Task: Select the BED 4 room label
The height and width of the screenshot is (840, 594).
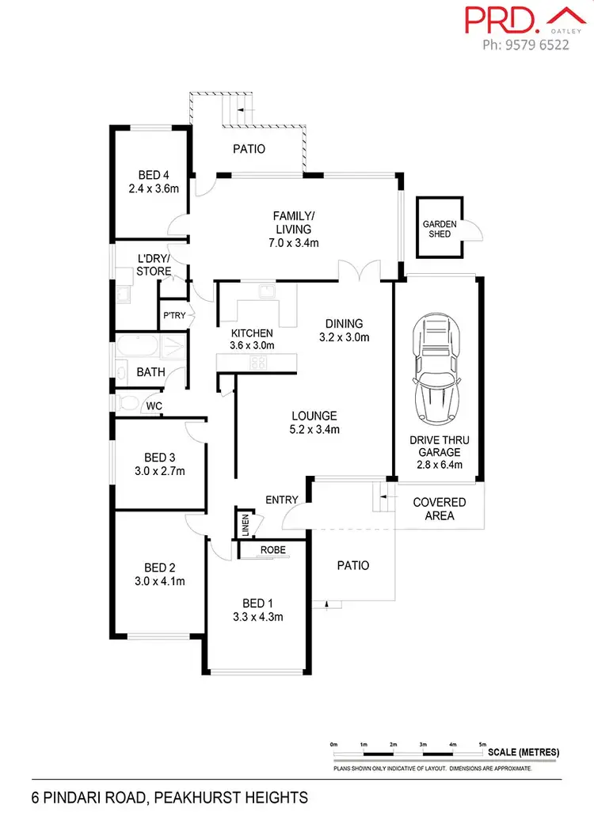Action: click(154, 175)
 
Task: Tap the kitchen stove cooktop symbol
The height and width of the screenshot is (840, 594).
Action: click(259, 363)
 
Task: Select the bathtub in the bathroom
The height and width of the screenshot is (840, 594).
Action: click(139, 348)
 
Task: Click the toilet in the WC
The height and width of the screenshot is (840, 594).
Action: click(127, 403)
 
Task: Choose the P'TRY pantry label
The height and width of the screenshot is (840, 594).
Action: click(173, 316)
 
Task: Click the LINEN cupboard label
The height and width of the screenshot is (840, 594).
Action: click(245, 525)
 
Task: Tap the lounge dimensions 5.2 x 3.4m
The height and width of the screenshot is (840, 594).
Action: click(314, 430)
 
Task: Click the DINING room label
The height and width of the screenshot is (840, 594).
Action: click(344, 323)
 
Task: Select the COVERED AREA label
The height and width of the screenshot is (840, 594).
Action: click(440, 509)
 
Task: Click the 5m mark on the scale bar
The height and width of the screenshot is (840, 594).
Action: click(483, 745)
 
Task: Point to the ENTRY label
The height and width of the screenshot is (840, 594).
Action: click(282, 500)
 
